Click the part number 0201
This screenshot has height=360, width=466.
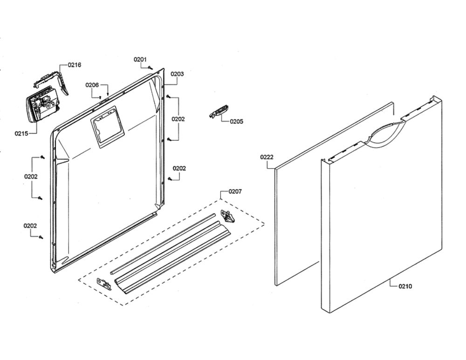pos(140,60)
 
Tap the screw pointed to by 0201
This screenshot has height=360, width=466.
pos(151,68)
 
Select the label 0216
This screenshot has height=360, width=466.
pos(74,65)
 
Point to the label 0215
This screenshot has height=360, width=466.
pos(21,133)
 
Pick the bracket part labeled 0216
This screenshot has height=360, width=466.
pos(52,80)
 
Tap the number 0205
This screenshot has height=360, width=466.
pos(236,121)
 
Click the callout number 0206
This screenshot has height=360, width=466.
pos(92,85)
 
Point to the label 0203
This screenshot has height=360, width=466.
pos(177,74)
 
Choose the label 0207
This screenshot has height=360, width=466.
pos(235,191)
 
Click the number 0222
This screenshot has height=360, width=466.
pos(267,157)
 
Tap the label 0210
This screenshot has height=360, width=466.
pos(405,286)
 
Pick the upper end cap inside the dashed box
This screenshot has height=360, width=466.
pos(228,216)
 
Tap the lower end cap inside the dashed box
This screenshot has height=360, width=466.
pos(104,285)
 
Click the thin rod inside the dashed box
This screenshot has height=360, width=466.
pos(163,243)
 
